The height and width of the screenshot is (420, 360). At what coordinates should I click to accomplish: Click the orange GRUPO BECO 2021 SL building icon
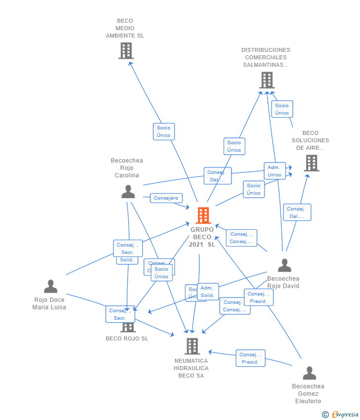[203, 215]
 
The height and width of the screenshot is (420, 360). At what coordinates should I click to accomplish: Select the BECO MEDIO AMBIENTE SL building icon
[126, 50]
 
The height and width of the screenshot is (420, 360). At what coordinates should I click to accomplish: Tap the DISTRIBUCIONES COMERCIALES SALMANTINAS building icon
[267, 80]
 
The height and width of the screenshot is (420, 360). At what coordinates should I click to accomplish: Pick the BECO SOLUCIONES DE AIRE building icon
[311, 163]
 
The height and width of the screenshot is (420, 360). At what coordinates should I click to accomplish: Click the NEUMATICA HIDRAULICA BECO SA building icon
[192, 346]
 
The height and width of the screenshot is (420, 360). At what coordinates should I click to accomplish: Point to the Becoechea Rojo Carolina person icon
[128, 192]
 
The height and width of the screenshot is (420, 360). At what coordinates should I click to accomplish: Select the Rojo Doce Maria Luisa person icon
[50, 286]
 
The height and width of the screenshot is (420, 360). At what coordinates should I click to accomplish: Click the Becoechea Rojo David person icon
[284, 265]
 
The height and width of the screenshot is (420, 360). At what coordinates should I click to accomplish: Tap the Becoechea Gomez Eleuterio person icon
[309, 373]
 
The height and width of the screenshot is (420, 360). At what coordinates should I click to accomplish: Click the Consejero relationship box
[166, 198]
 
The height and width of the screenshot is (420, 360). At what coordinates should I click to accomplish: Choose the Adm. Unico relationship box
[274, 171]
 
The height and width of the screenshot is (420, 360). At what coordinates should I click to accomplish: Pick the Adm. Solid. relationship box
[208, 292]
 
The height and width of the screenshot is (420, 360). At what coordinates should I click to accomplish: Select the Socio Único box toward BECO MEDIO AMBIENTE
[164, 131]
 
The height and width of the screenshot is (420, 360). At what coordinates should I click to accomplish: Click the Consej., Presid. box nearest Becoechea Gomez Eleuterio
[250, 358]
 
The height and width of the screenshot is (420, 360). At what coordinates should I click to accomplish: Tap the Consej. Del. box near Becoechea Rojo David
[297, 212]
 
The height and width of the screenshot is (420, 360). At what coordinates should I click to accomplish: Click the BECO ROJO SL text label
[127, 338]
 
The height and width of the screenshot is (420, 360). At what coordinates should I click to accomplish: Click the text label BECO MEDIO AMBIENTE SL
[125, 28]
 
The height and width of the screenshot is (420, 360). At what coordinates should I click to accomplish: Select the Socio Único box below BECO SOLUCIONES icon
[254, 189]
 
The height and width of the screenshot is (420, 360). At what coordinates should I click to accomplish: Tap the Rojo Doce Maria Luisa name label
[49, 303]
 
